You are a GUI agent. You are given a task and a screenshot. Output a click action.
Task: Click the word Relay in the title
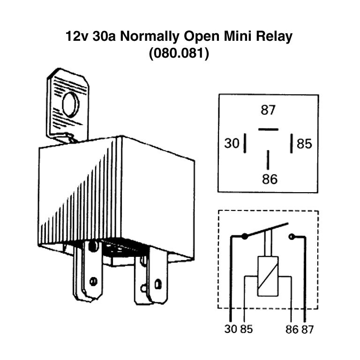[x=274, y=37]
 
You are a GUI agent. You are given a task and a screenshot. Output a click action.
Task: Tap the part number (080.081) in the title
[x=179, y=53]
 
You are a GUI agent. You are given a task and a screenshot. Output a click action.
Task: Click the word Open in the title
[x=201, y=37]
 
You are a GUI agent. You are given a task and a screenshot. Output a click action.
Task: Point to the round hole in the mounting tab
[x=70, y=104]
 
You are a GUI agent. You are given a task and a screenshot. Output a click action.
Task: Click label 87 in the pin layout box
[x=268, y=110]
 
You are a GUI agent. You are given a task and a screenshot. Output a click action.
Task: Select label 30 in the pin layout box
[x=232, y=143]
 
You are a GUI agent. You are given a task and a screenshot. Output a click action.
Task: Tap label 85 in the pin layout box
[x=304, y=144]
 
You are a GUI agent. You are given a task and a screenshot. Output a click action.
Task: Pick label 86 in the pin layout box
[x=270, y=179]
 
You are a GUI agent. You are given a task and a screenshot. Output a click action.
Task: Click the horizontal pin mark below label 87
[x=268, y=129]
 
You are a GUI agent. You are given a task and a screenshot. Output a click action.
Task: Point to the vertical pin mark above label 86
[x=268, y=160]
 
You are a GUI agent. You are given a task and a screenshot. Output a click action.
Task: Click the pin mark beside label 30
[x=245, y=143]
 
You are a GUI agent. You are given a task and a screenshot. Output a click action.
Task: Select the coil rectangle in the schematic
[x=268, y=276]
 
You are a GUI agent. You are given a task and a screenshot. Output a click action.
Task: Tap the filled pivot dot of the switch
[x=245, y=236]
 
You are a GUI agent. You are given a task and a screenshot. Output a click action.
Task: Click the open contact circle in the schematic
[x=292, y=236]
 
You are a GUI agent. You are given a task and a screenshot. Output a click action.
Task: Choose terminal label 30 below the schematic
[x=231, y=329]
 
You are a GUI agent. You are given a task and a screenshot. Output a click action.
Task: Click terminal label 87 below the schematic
[x=307, y=329]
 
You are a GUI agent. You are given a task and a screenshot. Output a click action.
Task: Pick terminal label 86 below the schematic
[x=292, y=329]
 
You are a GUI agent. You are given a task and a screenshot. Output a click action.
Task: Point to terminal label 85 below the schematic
[x=247, y=329]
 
